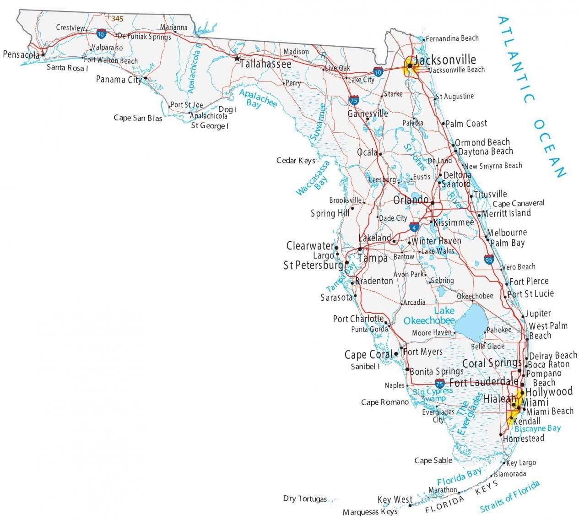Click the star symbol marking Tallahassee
237,59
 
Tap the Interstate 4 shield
414,227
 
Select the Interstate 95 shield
489,260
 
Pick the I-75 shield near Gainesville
354,100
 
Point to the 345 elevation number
117,19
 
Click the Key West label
395,499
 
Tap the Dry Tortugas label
305,498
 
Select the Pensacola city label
21,54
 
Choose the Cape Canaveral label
519,203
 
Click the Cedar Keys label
296,160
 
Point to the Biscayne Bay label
537,429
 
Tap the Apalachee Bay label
258,98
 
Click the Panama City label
119,80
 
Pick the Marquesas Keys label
370,512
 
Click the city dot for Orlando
432,201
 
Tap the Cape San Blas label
138,118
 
